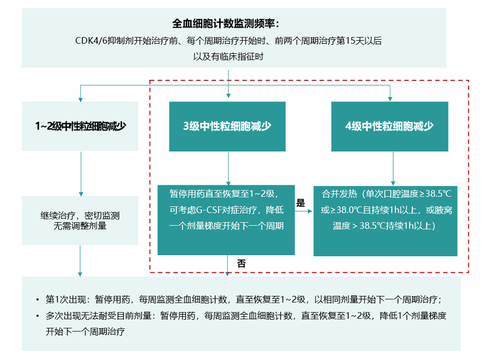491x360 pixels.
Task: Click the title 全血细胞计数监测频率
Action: [226, 24]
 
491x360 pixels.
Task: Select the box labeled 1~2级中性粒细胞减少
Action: [80, 126]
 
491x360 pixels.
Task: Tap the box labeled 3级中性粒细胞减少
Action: [227, 126]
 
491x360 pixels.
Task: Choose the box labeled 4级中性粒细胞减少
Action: [390, 126]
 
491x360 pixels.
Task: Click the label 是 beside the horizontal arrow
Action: [300, 203]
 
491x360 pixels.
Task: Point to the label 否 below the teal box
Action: [241, 264]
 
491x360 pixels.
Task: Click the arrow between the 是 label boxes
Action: [303, 211]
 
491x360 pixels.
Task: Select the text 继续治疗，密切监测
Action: [80, 215]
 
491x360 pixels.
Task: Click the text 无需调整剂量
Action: [80, 226]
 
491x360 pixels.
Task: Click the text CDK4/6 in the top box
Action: [91, 41]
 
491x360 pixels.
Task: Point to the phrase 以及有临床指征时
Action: [228, 57]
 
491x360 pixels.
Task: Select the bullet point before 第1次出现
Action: [37, 300]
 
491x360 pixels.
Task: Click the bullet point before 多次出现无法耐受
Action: [37, 316]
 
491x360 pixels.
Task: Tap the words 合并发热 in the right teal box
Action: [340, 194]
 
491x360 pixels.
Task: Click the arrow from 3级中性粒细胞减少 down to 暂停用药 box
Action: [228, 168]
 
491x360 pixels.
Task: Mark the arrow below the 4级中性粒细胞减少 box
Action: [393, 168]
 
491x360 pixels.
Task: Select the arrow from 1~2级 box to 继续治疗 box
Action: [81, 173]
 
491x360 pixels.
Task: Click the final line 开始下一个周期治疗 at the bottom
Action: [85, 332]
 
